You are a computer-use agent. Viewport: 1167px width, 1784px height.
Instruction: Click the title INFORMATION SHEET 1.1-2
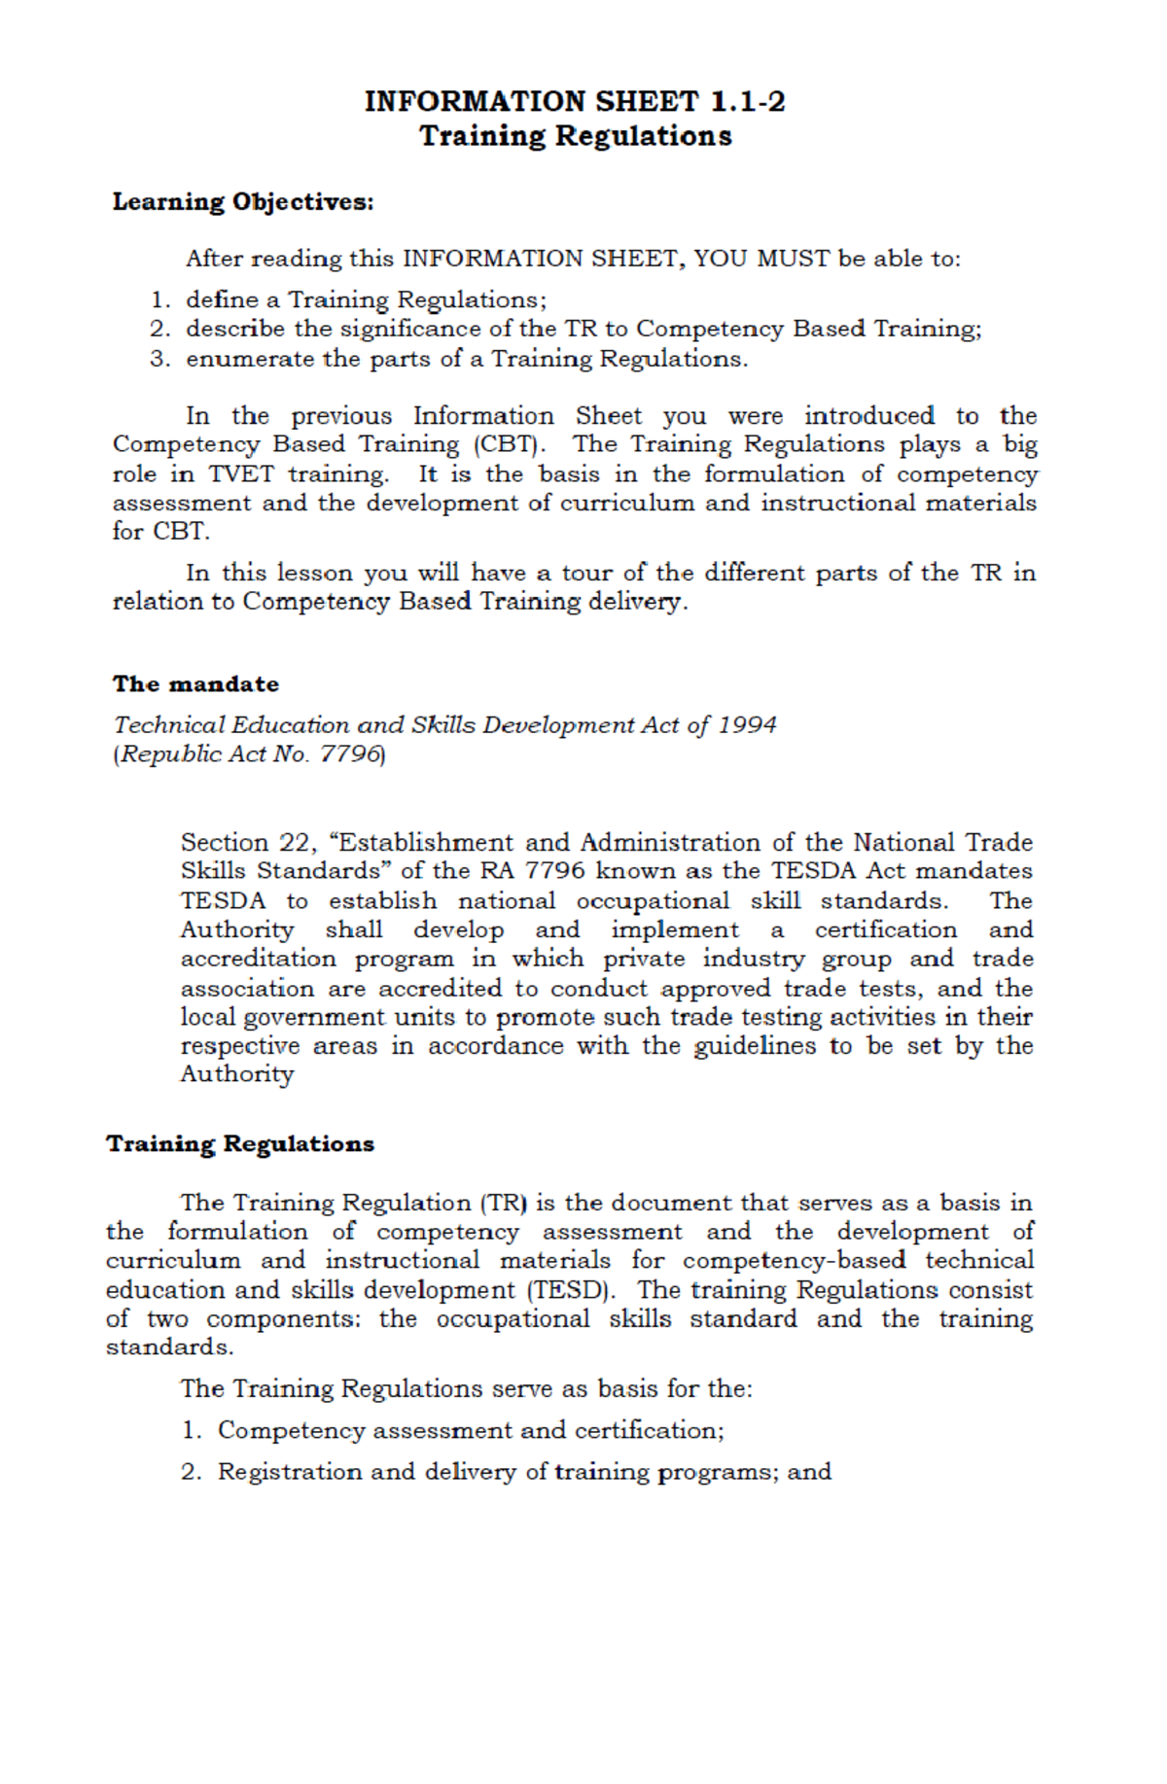pyautogui.click(x=574, y=101)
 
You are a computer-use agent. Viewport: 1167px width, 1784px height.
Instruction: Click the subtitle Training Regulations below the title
pyautogui.click(x=575, y=136)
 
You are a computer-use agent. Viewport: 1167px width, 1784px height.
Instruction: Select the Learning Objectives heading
pyautogui.click(x=242, y=202)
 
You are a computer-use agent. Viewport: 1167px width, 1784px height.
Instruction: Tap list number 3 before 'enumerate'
pyautogui.click(x=159, y=359)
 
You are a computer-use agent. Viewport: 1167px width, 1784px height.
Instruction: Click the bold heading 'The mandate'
pyautogui.click(x=195, y=684)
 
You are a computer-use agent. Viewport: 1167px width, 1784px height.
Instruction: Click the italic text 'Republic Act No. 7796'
pyautogui.click(x=249, y=754)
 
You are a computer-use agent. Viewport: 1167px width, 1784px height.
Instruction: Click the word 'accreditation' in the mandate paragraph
pyautogui.click(x=258, y=959)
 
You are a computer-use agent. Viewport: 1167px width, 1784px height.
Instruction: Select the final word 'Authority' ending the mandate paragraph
pyautogui.click(x=236, y=1074)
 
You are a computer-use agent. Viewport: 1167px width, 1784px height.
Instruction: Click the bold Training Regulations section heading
pyautogui.click(x=240, y=1144)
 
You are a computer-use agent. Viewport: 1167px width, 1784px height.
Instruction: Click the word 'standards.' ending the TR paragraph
pyautogui.click(x=169, y=1348)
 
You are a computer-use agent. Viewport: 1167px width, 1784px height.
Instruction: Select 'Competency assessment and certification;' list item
pyautogui.click(x=471, y=1431)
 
